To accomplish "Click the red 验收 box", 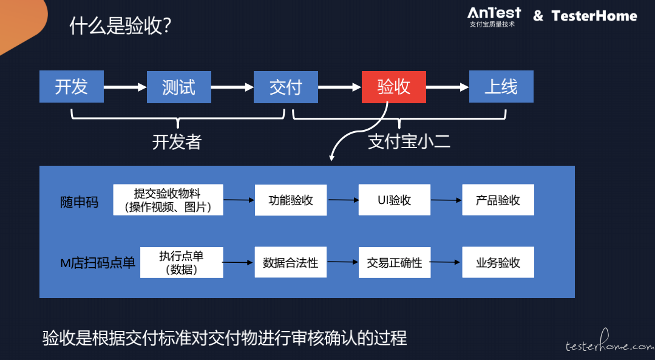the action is point(393,87).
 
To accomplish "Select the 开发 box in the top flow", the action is point(72,86).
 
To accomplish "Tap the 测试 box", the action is point(179,87).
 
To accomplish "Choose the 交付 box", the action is point(286,87).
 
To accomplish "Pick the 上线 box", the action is point(501,86).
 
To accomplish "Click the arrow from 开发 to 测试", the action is point(125,87).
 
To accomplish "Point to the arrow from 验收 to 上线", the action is point(447,87).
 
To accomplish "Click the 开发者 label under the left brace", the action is point(177,142).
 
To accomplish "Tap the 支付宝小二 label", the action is point(409,142).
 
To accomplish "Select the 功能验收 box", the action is point(291,200).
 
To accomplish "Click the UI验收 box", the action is point(395,200).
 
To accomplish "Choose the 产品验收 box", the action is point(498,200).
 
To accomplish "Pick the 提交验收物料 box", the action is point(168,200).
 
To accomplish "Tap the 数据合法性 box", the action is point(291,262).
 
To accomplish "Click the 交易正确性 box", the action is point(395,262).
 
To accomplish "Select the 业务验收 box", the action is point(498,262).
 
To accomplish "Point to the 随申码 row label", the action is point(80,202).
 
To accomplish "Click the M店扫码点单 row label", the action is point(98,263).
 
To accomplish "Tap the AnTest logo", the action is point(494,17).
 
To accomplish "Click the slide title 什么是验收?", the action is point(120,26).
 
